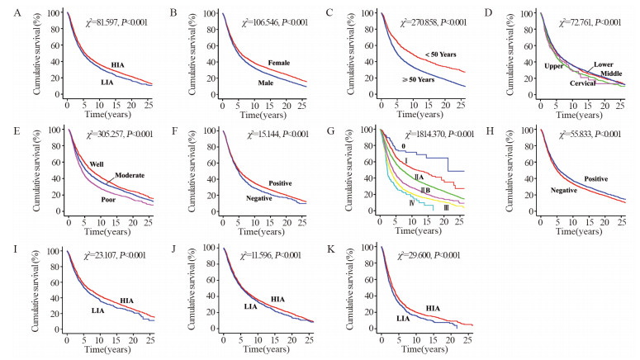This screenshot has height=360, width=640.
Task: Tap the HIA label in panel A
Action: click(x=118, y=64)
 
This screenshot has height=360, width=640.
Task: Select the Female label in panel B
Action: click(x=279, y=64)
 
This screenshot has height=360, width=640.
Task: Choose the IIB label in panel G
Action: click(x=426, y=191)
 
